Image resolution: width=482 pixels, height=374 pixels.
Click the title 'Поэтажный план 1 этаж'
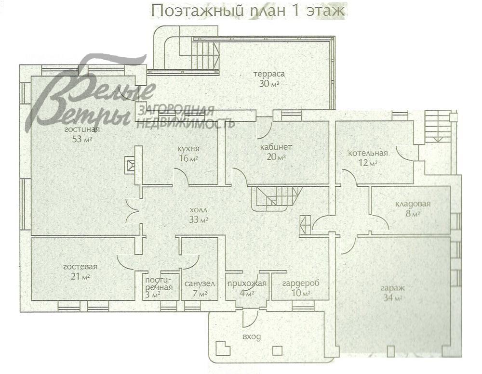(x=248, y=11)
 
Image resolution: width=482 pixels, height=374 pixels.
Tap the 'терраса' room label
(x=269, y=74)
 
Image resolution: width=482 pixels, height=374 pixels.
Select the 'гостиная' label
(x=82, y=129)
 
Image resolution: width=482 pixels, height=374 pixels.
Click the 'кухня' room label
(x=188, y=149)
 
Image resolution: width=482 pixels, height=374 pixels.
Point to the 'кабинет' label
(x=276, y=147)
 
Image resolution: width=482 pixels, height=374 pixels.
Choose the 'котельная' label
(x=368, y=154)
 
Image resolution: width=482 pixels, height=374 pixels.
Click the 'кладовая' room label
(x=413, y=204)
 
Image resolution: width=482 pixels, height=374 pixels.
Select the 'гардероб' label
(x=301, y=283)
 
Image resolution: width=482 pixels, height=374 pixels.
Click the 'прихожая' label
(x=247, y=283)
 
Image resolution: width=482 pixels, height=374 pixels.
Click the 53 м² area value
(x=82, y=139)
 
